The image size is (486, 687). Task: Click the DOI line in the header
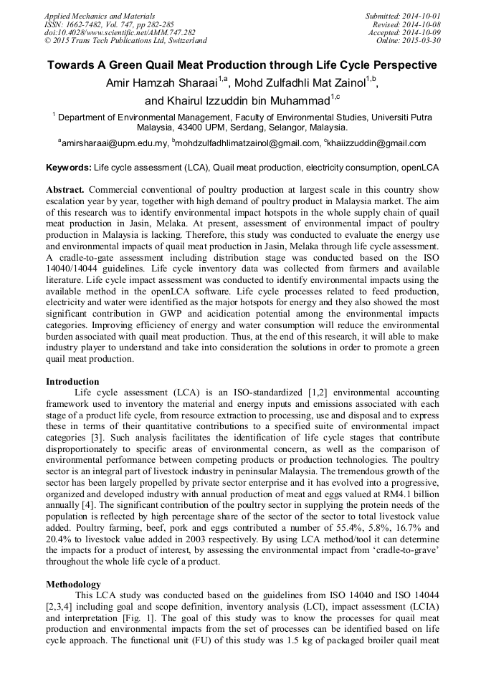coord(120,32)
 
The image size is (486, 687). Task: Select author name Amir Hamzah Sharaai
coord(161,83)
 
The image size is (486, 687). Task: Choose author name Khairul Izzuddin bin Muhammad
coord(236,100)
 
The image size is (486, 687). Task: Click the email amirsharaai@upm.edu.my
coord(115,143)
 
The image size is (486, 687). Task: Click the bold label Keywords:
coord(68,167)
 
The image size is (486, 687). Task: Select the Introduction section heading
coord(72,381)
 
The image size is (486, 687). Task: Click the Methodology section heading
coord(73,584)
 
